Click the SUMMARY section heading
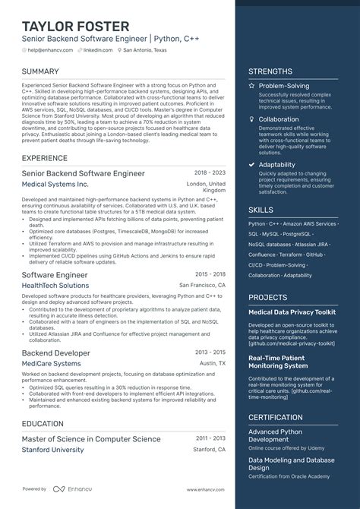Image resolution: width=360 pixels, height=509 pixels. [41, 71]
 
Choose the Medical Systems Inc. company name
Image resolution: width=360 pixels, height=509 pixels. [55, 184]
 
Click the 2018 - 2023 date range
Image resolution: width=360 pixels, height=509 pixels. [210, 173]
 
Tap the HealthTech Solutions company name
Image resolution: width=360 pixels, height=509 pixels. [55, 285]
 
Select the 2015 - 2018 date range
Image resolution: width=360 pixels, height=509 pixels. [210, 274]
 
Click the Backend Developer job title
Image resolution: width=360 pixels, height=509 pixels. [56, 353]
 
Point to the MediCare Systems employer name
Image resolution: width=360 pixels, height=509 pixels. [51, 364]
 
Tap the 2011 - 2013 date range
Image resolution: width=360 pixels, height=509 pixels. [210, 438]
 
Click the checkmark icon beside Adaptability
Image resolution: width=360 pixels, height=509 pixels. [252, 163]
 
